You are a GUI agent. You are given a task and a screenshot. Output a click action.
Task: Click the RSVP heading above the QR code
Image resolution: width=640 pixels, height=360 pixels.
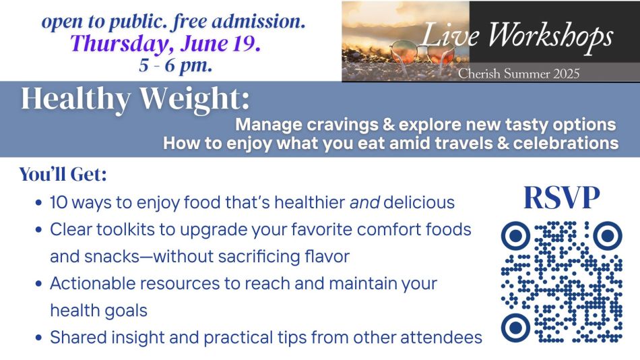coord(562,198)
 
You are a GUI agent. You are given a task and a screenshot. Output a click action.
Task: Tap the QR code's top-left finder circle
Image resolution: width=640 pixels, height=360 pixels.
coord(515,235)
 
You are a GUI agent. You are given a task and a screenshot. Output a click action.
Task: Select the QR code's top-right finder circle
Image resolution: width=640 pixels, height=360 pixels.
coord(608,235)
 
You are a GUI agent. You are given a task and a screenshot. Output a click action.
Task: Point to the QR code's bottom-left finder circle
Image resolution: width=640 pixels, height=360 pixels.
coord(515,328)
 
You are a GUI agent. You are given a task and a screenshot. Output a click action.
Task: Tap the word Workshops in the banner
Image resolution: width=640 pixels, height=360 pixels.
coord(550,36)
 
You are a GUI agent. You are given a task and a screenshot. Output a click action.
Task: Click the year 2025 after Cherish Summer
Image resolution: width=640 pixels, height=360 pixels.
coord(566,73)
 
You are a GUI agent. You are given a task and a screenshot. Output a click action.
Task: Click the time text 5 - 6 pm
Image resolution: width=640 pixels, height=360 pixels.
coord(176,65)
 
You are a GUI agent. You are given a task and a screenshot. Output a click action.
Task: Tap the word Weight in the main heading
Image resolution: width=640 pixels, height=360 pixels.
coord(194,100)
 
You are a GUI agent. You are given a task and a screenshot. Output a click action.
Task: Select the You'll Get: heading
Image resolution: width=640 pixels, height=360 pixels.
coord(63,175)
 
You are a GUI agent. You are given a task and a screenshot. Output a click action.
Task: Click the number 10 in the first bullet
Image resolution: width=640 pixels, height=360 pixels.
coord(59,202)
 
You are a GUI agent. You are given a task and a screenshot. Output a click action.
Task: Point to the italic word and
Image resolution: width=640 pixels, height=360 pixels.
coord(365,202)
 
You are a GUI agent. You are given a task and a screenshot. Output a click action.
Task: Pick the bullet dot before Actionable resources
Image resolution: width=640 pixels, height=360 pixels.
coord(39,283)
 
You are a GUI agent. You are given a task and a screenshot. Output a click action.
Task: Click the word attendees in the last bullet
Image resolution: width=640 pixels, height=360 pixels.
coord(441,338)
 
